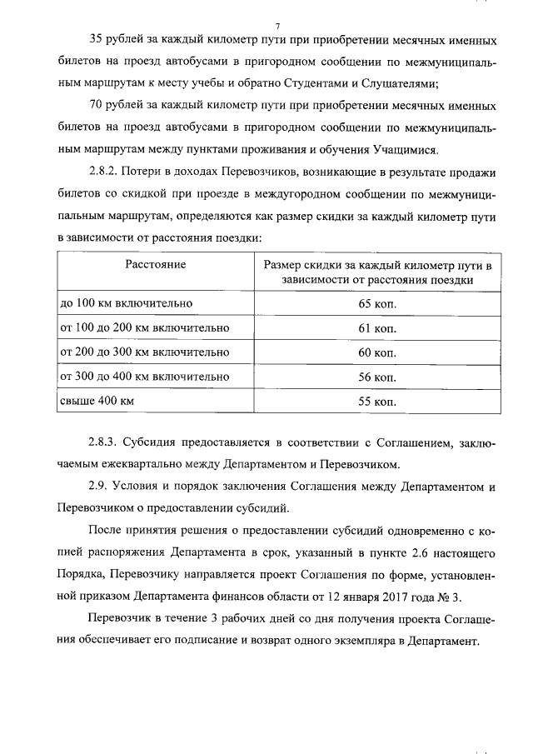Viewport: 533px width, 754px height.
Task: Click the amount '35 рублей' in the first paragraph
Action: coord(114,41)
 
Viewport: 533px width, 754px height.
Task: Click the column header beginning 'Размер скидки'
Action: coord(376,272)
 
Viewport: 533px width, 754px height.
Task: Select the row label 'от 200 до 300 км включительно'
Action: coord(143,352)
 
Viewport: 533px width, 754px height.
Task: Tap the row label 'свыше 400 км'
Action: coord(96,402)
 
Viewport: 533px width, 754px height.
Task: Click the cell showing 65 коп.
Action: coord(376,303)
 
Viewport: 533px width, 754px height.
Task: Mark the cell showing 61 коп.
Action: coord(376,328)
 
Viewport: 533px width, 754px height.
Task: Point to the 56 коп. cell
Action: coord(376,377)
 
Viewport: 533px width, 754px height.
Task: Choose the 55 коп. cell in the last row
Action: coord(376,402)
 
